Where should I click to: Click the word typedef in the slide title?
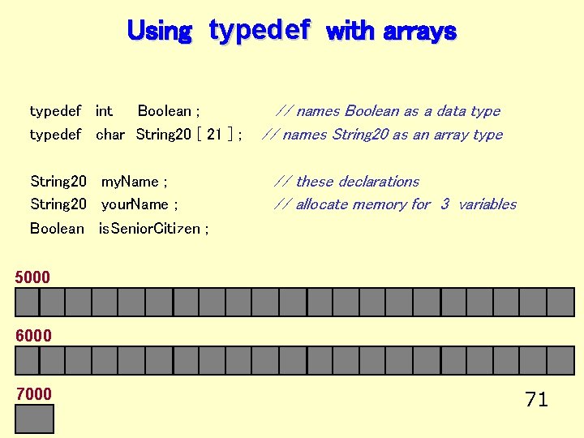point(260,30)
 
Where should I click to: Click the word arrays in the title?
point(419,32)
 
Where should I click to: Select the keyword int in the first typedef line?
point(104,111)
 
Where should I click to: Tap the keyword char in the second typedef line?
point(110,135)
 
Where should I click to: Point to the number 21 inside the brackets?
point(214,135)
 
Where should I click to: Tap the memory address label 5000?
point(32,277)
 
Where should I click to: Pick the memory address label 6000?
point(32,336)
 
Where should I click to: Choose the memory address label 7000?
point(32,394)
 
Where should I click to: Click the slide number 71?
point(536,399)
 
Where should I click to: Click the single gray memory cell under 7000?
point(35,419)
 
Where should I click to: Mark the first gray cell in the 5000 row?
point(28,303)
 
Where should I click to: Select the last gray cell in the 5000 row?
point(560,303)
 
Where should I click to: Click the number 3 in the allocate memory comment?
point(444,204)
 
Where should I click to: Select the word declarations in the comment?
point(377,182)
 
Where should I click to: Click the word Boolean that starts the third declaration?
point(57,229)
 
